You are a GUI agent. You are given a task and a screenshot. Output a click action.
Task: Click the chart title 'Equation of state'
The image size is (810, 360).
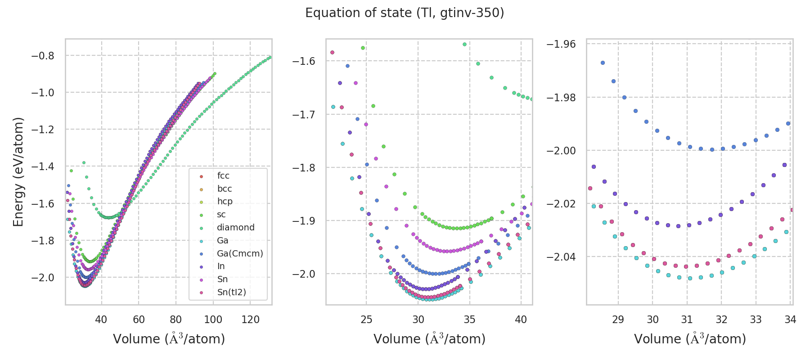click(404, 13)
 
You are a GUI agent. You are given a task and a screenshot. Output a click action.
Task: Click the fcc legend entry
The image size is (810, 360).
click(223, 176)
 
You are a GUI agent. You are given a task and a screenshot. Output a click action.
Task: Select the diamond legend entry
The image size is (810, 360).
click(235, 228)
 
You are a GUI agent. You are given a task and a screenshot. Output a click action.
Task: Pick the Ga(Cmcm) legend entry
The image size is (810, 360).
click(240, 253)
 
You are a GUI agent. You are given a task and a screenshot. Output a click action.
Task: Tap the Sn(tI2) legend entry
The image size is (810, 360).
click(231, 292)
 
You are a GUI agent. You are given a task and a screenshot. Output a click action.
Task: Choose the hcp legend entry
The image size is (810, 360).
click(225, 202)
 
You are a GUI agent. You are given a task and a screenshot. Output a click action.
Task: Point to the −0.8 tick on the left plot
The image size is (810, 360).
click(42, 56)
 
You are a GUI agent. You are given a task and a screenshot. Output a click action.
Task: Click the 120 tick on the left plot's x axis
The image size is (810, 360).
click(250, 320)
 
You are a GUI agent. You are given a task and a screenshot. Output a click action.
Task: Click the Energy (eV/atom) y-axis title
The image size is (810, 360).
click(18, 172)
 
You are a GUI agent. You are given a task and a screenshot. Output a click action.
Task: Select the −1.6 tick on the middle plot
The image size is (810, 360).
click(304, 61)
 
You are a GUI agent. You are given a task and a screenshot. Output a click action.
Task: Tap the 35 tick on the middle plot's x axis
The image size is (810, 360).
click(470, 320)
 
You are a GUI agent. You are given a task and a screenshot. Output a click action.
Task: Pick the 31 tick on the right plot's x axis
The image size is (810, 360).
click(687, 320)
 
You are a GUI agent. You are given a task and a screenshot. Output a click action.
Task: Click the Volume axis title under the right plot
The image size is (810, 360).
click(690, 339)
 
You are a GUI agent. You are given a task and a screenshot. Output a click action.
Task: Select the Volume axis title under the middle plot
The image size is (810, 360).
click(429, 339)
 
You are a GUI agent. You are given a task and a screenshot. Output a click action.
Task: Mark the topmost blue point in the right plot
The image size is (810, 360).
click(603, 63)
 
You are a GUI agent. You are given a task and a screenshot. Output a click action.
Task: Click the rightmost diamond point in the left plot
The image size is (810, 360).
click(270, 57)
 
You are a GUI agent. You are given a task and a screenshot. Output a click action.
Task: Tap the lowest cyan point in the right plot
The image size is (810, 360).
click(690, 278)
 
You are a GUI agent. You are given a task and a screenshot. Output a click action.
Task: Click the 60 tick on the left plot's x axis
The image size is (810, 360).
click(139, 320)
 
